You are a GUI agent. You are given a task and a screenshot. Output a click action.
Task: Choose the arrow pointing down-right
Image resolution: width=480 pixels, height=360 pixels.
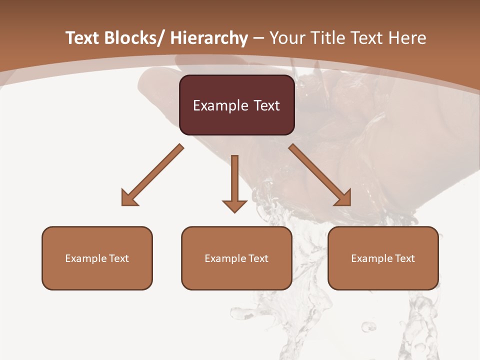[320, 175]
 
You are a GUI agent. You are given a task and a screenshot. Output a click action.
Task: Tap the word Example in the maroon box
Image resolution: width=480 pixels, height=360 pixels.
[220, 105]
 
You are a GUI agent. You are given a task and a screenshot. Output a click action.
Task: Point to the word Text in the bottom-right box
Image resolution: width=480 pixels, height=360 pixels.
[405, 258]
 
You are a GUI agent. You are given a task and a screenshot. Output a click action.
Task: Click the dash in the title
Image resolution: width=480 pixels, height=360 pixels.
[258, 38]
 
